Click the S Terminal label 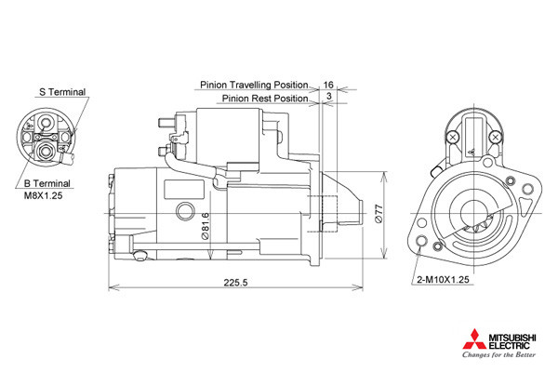[x=62, y=92]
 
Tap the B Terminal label [x=47, y=184]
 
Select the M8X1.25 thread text [x=43, y=195]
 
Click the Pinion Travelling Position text [x=254, y=85]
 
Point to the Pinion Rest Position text [x=265, y=99]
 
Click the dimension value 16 [x=328, y=85]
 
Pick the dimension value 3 [x=329, y=96]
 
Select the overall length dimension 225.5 [x=235, y=283]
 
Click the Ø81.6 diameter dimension [x=205, y=226]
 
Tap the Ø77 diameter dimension [x=379, y=214]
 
